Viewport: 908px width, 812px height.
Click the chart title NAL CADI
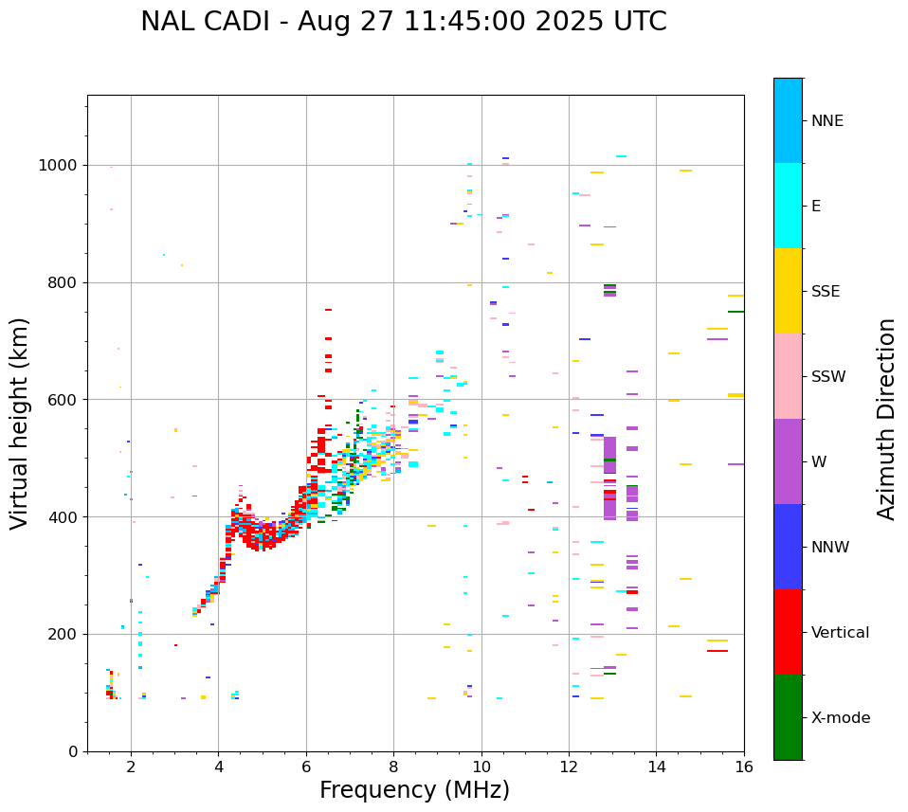403,22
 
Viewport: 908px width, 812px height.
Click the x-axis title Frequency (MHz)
414,790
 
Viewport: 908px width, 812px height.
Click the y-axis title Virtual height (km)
20,424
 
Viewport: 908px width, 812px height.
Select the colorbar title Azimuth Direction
886,419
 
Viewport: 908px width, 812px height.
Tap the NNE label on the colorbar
826,121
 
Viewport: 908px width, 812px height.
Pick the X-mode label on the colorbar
840,718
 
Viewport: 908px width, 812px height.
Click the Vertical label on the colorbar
840,633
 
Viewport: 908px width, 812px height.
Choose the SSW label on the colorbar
828,377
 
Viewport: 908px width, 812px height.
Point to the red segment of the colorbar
788,632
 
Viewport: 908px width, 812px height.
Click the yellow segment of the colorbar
788,291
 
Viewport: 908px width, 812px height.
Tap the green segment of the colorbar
788,717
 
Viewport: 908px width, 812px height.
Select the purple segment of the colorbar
788,461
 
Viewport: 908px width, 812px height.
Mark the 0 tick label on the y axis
72,751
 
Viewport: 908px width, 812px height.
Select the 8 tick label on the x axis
393,766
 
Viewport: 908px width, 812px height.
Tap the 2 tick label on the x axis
131,766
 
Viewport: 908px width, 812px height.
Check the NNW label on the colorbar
830,548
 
